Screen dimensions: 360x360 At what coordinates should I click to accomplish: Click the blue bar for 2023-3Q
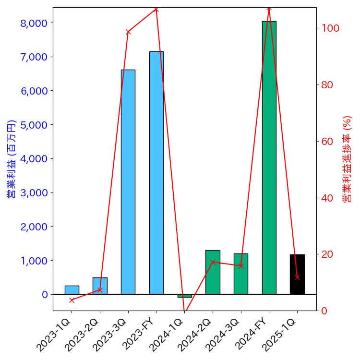[128, 182]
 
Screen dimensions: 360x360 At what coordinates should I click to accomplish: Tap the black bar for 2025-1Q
[297, 274]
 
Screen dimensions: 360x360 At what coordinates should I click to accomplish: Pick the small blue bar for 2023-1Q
[72, 290]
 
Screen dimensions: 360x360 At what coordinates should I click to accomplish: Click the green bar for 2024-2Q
[213, 272]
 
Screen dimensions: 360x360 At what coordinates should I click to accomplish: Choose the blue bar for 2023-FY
[156, 173]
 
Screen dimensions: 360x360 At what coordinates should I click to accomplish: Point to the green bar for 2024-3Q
[241, 274]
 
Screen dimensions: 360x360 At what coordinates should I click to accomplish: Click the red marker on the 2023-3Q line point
[128, 32]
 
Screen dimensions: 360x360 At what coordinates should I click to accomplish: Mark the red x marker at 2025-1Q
[297, 277]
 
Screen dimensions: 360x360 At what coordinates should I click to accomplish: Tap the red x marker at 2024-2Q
[213, 262]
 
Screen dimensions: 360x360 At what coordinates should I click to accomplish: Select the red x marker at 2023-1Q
[72, 300]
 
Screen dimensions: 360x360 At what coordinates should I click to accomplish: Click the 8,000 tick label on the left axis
[34, 23]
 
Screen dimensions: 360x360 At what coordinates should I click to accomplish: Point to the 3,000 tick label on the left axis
[34, 192]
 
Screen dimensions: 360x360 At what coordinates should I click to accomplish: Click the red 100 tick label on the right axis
[330, 28]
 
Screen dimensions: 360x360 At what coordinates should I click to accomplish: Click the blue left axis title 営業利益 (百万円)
[12, 159]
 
